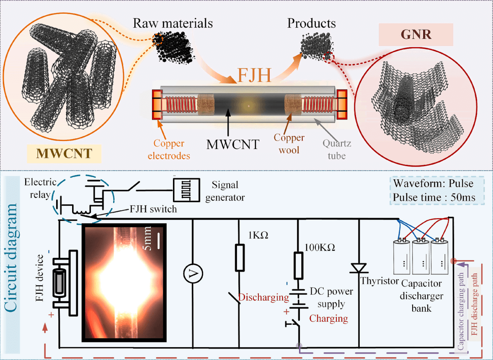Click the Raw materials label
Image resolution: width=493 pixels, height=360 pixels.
click(173, 23)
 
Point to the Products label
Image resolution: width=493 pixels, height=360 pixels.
click(311, 23)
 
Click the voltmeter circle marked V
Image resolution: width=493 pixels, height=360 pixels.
click(192, 273)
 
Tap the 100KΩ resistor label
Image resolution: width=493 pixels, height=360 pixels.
click(320, 247)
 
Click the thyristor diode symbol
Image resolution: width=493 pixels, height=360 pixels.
click(360, 268)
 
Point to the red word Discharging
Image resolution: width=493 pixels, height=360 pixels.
click(263, 297)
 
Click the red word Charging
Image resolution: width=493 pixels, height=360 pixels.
click(329, 318)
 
